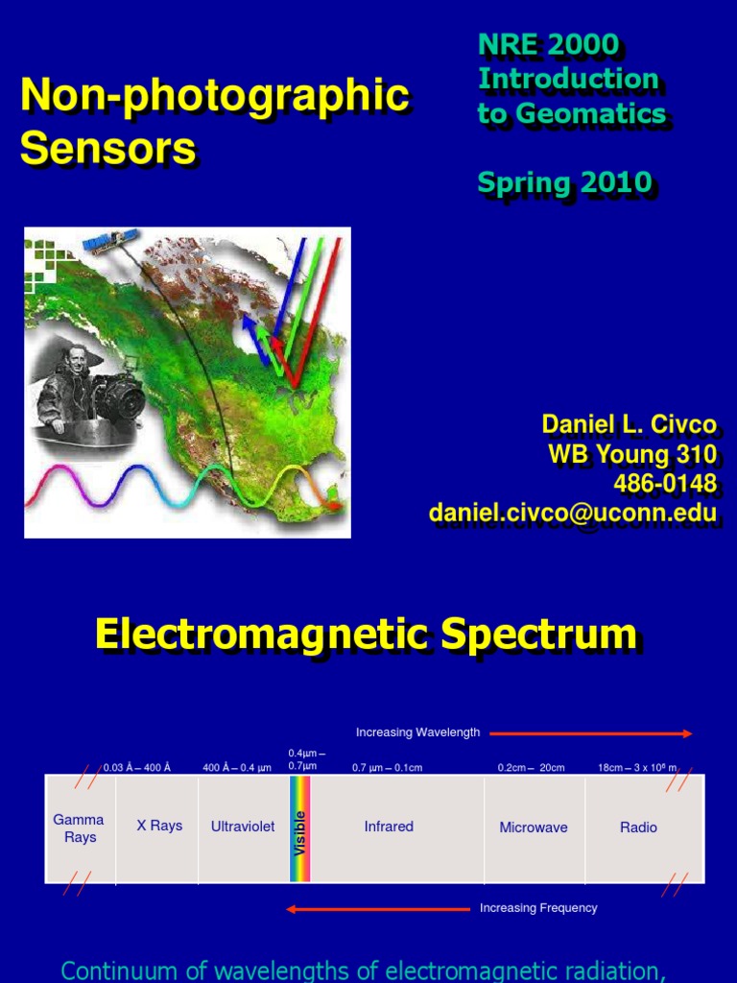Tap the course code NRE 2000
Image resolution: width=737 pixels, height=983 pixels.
548,44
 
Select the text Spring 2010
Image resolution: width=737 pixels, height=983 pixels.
564,181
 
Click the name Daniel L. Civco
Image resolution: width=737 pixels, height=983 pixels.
629,424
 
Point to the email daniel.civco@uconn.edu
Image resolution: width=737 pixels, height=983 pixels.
573,514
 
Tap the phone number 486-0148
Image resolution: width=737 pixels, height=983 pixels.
664,483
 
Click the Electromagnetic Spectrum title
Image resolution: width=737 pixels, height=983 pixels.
366,635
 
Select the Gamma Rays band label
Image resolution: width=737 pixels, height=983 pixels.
79,828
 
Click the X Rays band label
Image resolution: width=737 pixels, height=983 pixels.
158,826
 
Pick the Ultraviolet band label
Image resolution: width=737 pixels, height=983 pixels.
243,827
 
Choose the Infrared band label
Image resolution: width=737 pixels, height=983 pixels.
389,827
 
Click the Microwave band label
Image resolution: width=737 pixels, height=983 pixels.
534,827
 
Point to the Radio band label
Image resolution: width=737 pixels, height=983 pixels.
638,827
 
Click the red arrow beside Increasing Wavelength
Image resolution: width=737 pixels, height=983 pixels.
590,733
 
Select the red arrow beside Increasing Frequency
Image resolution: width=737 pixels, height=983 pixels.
378,908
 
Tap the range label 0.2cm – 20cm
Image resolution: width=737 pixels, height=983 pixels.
531,767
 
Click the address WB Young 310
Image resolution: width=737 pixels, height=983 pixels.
632,454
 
